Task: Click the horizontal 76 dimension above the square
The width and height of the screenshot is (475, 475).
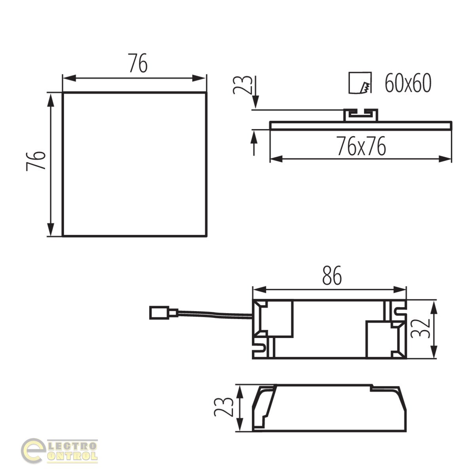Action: pyautogui.click(x=138, y=63)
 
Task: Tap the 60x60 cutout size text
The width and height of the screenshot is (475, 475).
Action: pyautogui.click(x=408, y=83)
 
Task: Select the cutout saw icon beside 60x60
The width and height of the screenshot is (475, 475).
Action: pyautogui.click(x=360, y=83)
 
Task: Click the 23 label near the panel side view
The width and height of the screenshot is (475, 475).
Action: pyautogui.click(x=243, y=85)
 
